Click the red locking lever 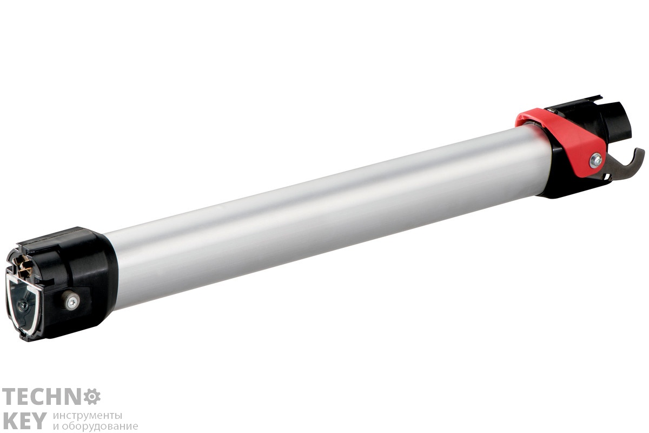point(565,139)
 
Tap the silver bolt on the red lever point(595,160)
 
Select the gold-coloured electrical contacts point(25,268)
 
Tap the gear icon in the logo point(92,396)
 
